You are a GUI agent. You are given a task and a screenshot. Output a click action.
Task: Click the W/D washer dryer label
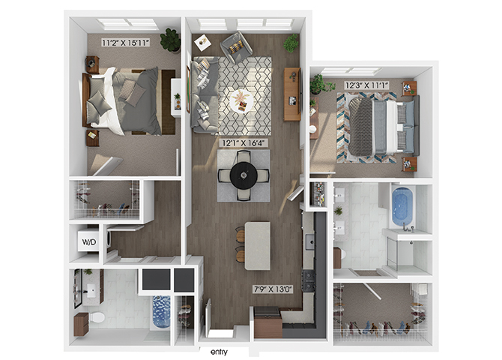(x=88, y=241)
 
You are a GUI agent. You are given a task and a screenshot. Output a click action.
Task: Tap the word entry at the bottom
(x=219, y=352)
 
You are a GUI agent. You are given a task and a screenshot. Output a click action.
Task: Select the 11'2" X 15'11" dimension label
(x=126, y=42)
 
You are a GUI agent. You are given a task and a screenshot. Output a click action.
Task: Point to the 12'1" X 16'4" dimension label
(x=244, y=143)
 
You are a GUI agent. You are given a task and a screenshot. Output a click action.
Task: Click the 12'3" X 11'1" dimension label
(x=367, y=85)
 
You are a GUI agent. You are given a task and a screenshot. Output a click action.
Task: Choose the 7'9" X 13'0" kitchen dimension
(x=273, y=289)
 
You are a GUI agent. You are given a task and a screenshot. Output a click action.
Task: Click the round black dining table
(x=244, y=175)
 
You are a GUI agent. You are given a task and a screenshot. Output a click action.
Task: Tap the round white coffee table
(x=241, y=100)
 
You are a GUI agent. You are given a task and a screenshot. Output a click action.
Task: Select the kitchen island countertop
(x=258, y=245)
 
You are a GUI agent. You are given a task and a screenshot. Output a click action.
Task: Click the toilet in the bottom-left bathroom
(x=96, y=318)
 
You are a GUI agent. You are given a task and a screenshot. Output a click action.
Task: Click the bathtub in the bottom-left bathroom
(x=161, y=312)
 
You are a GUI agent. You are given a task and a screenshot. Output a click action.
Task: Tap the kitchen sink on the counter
(x=309, y=241)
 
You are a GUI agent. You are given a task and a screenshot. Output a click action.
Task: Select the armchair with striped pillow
(x=237, y=46)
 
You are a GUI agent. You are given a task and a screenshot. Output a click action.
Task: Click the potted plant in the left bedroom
(x=170, y=40)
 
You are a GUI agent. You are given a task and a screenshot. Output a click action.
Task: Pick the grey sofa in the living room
(x=204, y=94)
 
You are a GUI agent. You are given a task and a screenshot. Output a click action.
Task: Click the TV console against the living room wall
(x=292, y=94)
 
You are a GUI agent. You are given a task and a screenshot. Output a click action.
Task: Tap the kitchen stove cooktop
(x=309, y=280)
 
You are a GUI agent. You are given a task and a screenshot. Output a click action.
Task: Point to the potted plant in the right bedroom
(x=318, y=84)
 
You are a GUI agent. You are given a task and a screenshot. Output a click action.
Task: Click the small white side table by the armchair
(x=202, y=42)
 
